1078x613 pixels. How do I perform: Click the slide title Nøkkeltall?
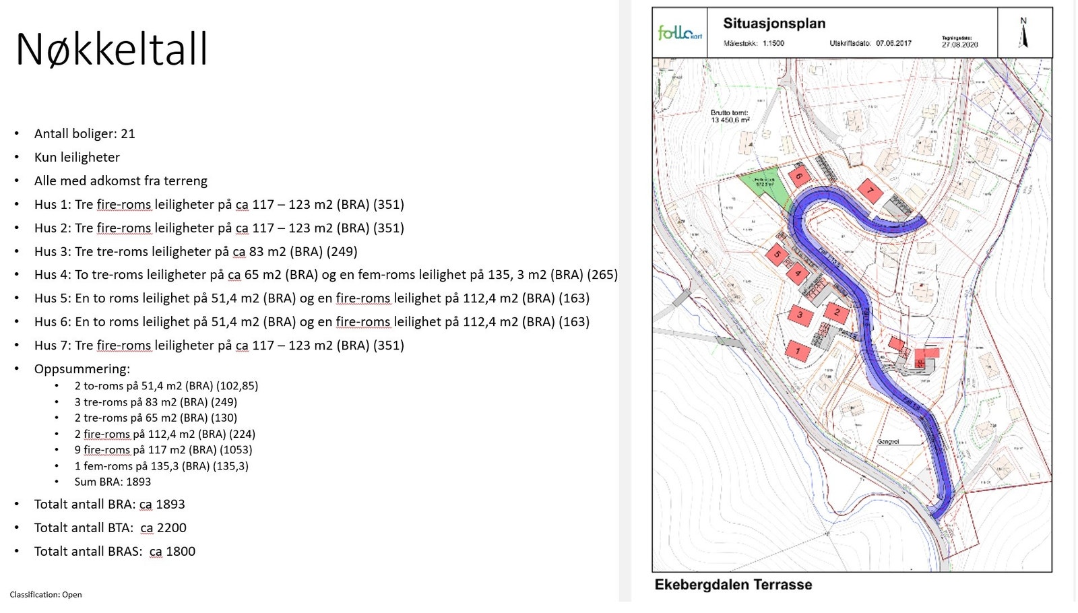point(112,49)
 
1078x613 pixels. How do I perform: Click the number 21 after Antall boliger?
point(128,133)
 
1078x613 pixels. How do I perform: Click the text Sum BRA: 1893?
point(113,482)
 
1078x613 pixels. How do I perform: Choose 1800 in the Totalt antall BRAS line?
point(181,551)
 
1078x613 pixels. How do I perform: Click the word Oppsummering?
point(82,368)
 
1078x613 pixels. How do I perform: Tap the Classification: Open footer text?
point(46,594)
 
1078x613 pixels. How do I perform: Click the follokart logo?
point(679,32)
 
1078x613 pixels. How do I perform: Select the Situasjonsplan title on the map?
point(774,24)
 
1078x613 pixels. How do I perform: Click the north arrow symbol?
point(1023,34)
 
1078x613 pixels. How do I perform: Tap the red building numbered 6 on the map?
point(799,176)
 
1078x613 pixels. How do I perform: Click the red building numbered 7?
point(870,191)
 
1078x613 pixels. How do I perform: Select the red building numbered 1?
point(798,350)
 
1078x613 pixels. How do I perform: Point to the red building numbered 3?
point(800,315)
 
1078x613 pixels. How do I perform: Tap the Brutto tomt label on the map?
point(730,117)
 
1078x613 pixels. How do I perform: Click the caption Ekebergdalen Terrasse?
point(733,585)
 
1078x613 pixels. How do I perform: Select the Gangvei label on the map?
point(888,442)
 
